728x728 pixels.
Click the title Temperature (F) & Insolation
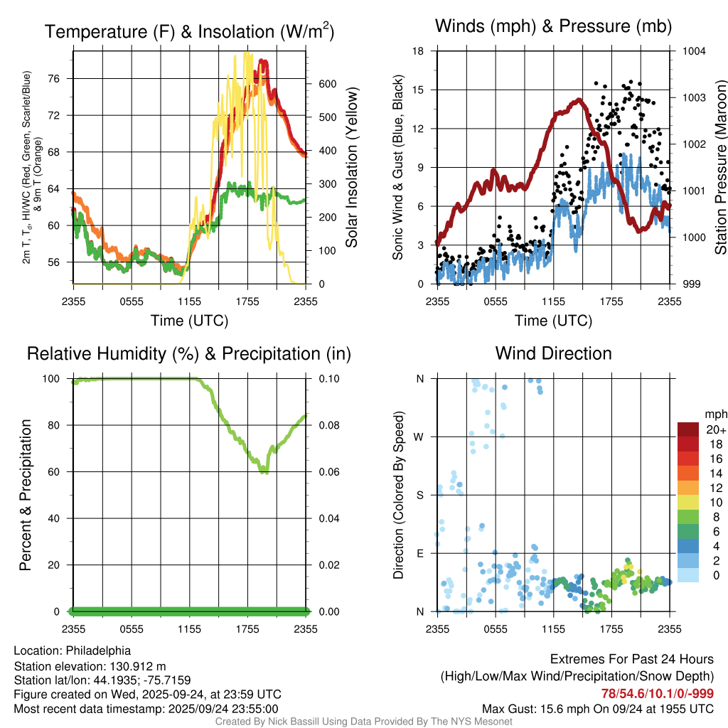click(189, 31)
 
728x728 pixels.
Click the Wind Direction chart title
click(553, 353)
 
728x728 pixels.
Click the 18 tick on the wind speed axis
click(419, 51)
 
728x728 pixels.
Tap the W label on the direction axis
click(419, 437)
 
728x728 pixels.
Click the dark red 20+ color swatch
click(688, 429)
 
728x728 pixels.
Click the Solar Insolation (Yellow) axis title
click(352, 168)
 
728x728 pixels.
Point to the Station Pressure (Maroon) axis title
click(719, 168)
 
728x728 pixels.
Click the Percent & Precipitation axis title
click(26, 495)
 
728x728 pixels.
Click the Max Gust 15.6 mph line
click(598, 709)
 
